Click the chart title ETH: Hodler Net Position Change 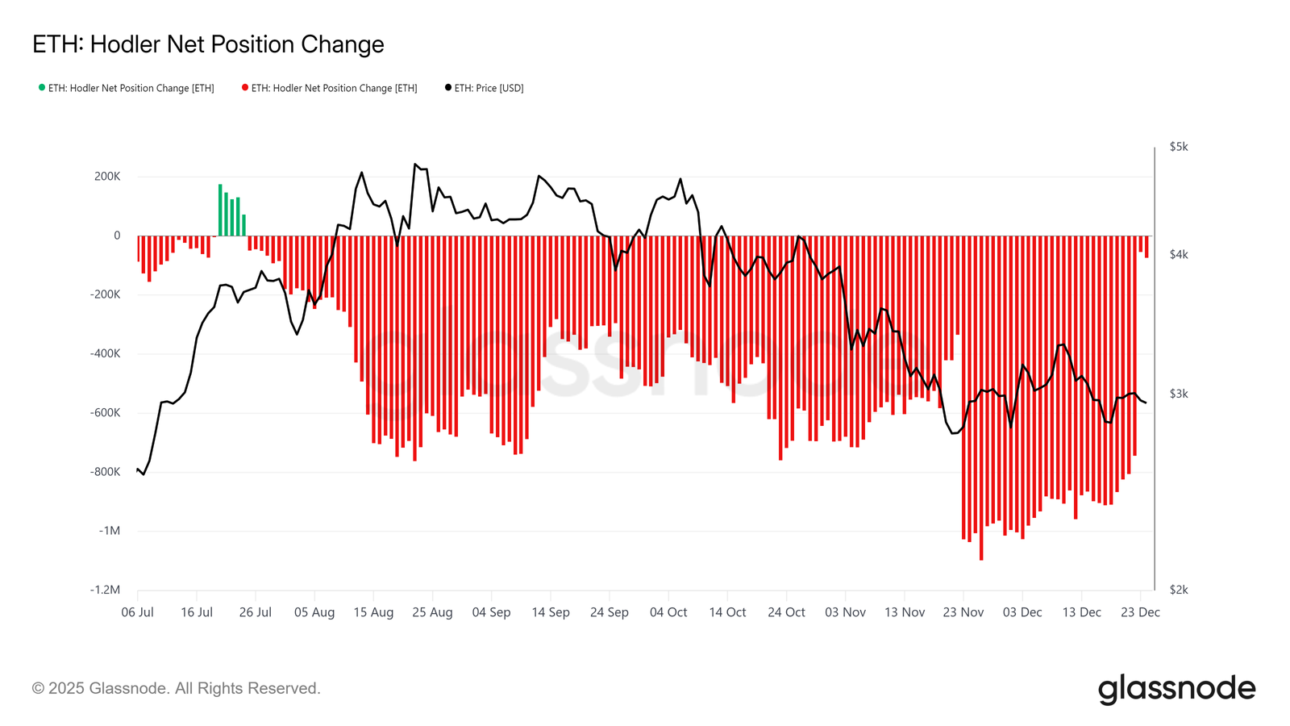point(208,44)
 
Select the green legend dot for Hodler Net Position point(42,87)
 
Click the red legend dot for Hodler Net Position point(245,87)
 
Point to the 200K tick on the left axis point(107,177)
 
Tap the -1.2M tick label point(105,590)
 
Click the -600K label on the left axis point(105,413)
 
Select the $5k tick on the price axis point(1178,147)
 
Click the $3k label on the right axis point(1178,394)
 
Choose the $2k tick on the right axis point(1178,590)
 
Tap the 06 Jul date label point(138,612)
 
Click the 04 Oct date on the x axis point(668,612)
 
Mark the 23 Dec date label point(1140,612)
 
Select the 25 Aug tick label point(432,612)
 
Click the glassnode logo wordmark point(1176,689)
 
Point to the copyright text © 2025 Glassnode point(177,688)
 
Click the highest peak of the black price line point(415,165)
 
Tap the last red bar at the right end point(1146,246)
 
